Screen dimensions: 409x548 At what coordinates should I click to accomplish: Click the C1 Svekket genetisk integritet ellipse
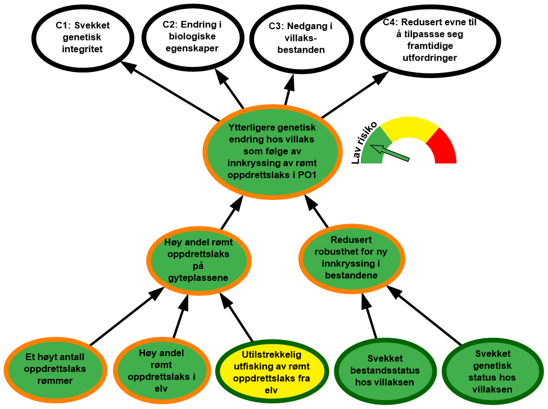(83, 37)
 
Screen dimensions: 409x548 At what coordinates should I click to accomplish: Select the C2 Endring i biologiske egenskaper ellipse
(191, 37)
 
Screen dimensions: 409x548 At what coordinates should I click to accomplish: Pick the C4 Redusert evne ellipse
(430, 40)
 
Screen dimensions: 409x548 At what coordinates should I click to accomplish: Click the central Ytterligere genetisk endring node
(271, 151)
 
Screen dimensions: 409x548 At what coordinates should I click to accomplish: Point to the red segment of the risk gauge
(442, 147)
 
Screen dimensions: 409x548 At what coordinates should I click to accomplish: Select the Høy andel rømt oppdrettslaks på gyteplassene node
(198, 260)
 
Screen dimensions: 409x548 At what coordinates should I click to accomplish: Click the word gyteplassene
(198, 278)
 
